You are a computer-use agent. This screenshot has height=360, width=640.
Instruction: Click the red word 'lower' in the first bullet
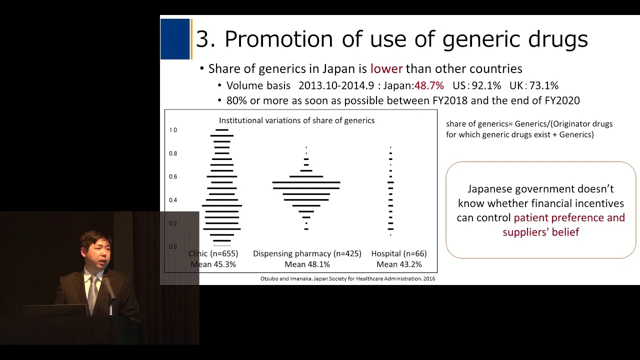click(386, 69)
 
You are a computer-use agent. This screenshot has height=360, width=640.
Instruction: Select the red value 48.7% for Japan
click(429, 85)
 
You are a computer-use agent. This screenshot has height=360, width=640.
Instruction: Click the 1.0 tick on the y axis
click(173, 130)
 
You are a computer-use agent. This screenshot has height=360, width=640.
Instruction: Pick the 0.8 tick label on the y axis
click(173, 153)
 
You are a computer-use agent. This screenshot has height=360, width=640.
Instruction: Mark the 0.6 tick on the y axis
click(173, 176)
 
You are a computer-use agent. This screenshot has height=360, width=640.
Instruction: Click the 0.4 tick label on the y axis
click(173, 200)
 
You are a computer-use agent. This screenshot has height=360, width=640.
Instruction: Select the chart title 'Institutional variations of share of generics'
click(297, 120)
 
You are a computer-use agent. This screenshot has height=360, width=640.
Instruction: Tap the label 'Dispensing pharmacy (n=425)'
click(307, 253)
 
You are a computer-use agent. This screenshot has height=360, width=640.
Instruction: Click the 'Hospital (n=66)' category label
click(399, 253)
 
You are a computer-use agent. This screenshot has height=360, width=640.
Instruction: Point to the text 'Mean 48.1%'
click(307, 264)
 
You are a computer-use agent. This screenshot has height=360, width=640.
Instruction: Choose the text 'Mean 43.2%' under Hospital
click(399, 264)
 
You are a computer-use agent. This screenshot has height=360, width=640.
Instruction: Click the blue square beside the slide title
click(175, 39)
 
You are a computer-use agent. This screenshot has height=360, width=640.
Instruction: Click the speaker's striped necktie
click(92, 294)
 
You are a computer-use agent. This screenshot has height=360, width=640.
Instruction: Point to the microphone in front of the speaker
click(109, 288)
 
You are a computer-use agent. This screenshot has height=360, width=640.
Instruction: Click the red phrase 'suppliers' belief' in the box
click(541, 232)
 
